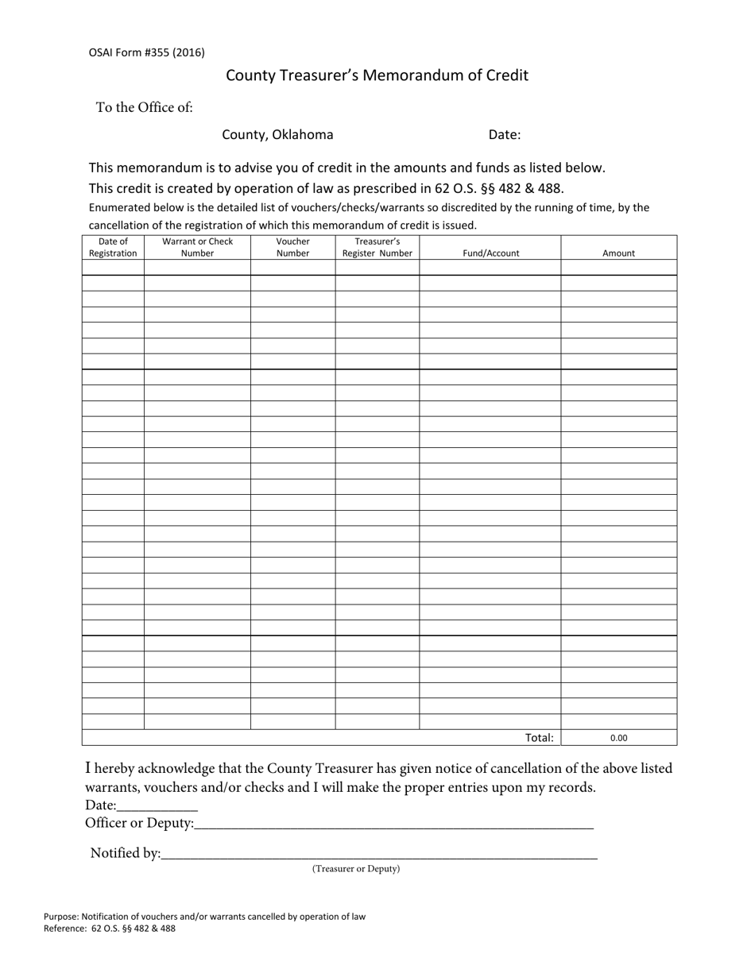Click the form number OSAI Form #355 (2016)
146,52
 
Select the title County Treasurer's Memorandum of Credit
377,75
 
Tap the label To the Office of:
144,107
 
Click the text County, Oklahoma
277,134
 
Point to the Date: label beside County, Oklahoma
504,135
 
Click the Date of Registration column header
113,247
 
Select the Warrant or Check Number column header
197,247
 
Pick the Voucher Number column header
292,247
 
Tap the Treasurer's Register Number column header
377,247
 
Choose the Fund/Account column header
490,253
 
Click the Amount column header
618,253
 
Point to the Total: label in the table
539,738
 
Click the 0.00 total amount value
618,738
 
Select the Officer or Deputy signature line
393,824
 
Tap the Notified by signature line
378,855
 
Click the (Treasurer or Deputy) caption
355,869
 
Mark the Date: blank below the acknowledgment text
157,807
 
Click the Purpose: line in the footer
204,916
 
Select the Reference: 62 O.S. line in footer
110,928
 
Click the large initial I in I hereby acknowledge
89,767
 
